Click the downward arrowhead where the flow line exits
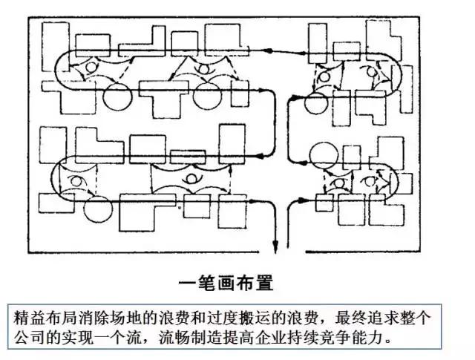[276, 247]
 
